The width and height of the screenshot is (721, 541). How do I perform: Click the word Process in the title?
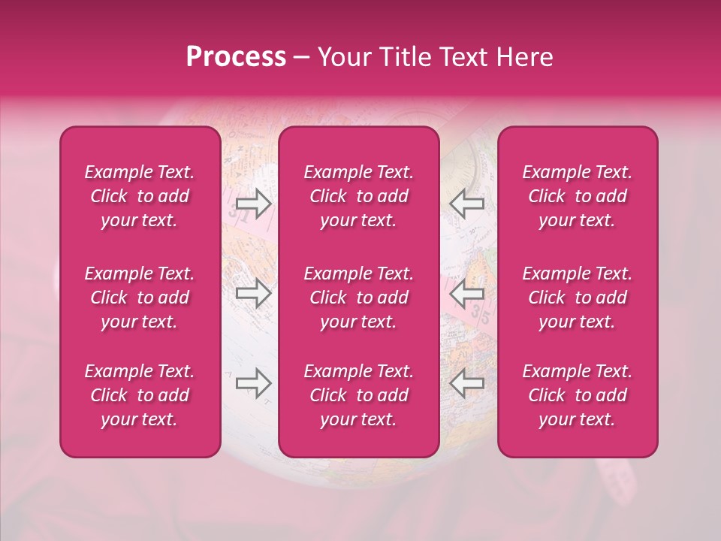[236, 57]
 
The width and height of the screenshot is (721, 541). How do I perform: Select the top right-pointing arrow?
[253, 204]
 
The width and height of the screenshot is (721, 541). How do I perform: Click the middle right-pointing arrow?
[253, 294]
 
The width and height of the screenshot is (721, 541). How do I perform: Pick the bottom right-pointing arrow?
[253, 383]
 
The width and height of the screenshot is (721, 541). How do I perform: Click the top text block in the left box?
[140, 196]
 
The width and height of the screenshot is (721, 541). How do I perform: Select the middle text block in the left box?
[140, 298]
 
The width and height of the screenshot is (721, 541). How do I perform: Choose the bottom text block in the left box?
[140, 395]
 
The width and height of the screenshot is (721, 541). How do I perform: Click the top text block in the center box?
[359, 196]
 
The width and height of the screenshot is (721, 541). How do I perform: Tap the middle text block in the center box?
[359, 298]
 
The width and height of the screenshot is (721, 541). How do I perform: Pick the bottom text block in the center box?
[359, 395]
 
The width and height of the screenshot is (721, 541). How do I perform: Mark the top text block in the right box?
[578, 196]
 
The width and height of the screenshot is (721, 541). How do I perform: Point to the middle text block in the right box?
[578, 298]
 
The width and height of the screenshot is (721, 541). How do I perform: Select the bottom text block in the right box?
[578, 395]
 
